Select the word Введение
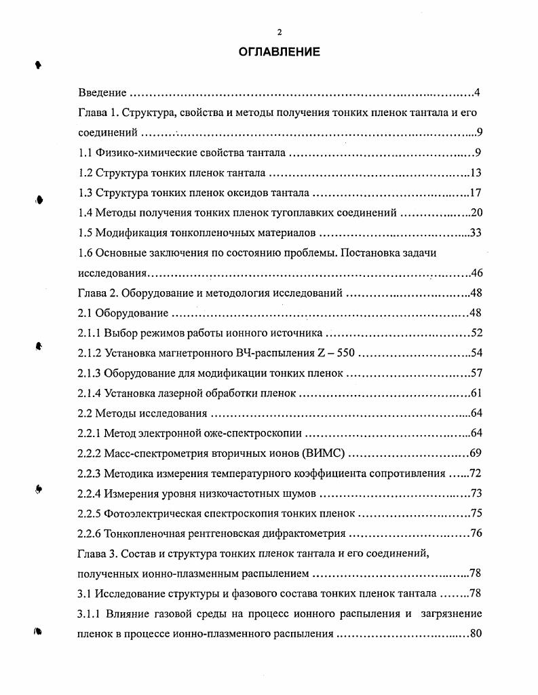(102, 93)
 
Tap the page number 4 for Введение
(478, 93)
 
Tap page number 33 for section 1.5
(475, 233)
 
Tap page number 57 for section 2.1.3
(476, 373)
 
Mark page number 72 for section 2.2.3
(475, 473)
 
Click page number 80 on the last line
(475, 634)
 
